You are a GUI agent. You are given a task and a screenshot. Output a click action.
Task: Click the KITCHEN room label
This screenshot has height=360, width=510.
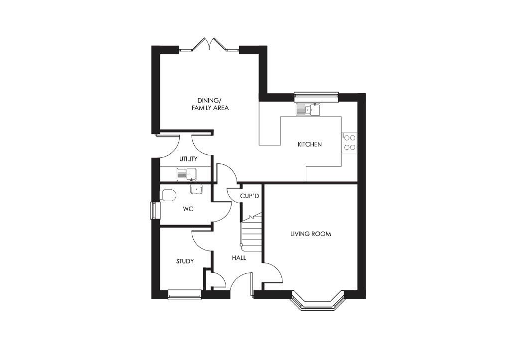coord(309,144)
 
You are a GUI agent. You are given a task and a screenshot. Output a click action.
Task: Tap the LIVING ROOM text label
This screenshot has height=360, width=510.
coord(311,234)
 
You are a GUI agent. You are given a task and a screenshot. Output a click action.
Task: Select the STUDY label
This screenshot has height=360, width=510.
coord(185,261)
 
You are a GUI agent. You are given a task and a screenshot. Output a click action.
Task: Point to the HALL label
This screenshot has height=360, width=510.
coord(239,258)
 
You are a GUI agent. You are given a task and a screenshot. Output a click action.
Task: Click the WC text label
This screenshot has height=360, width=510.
coord(188,209)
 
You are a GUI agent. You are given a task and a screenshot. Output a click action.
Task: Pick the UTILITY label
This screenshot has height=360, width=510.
coord(188,159)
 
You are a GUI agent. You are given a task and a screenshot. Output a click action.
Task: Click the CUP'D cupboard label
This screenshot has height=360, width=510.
coord(249,196)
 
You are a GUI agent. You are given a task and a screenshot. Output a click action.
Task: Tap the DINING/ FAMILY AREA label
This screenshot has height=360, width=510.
coord(210,104)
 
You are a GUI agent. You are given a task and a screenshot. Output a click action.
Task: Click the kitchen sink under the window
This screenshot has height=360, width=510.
coord(308,110)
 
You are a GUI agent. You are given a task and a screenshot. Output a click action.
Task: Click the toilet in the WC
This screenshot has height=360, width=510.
coord(168,195)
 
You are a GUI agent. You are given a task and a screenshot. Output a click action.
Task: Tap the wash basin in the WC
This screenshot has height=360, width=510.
coord(196,189)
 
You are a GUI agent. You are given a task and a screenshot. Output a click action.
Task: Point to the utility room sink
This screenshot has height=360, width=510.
coord(187,174)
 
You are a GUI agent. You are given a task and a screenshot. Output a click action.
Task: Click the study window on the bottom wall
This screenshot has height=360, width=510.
coord(184,295)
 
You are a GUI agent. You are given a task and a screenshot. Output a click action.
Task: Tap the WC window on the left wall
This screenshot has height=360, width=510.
coord(154,210)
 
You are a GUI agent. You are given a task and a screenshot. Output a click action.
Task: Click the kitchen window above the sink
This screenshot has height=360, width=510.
coord(316,96)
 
